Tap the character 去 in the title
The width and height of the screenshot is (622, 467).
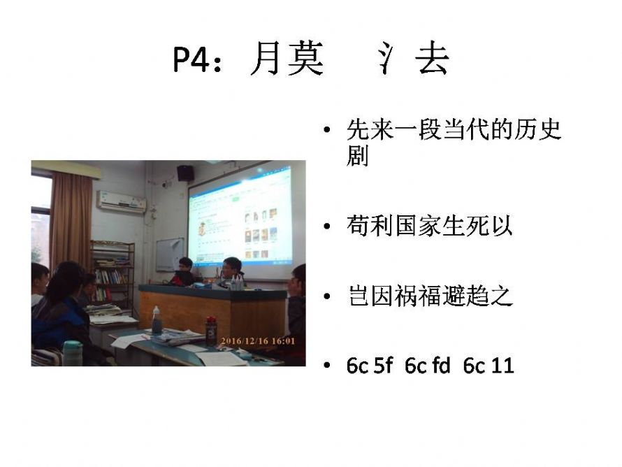pyautogui.click(x=433, y=58)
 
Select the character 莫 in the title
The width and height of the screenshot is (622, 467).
pyautogui.click(x=305, y=58)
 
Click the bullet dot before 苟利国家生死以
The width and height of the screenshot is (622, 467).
pyautogui.click(x=327, y=227)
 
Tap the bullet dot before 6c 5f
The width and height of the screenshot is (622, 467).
pyautogui.click(x=327, y=365)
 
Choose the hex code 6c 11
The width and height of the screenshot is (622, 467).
pyautogui.click(x=489, y=365)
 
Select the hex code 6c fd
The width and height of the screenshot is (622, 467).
pyautogui.click(x=427, y=365)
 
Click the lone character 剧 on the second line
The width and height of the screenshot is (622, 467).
pyautogui.click(x=357, y=155)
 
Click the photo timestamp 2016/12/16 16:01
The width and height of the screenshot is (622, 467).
pyautogui.click(x=258, y=341)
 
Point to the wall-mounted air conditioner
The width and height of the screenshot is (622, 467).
pyautogui.click(x=122, y=201)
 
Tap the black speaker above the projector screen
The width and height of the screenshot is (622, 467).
pyautogui.click(x=185, y=173)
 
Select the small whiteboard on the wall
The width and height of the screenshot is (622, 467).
pyautogui.click(x=170, y=254)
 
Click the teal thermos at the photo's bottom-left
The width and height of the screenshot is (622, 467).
pyautogui.click(x=73, y=353)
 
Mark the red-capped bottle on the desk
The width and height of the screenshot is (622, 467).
pyautogui.click(x=211, y=331)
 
